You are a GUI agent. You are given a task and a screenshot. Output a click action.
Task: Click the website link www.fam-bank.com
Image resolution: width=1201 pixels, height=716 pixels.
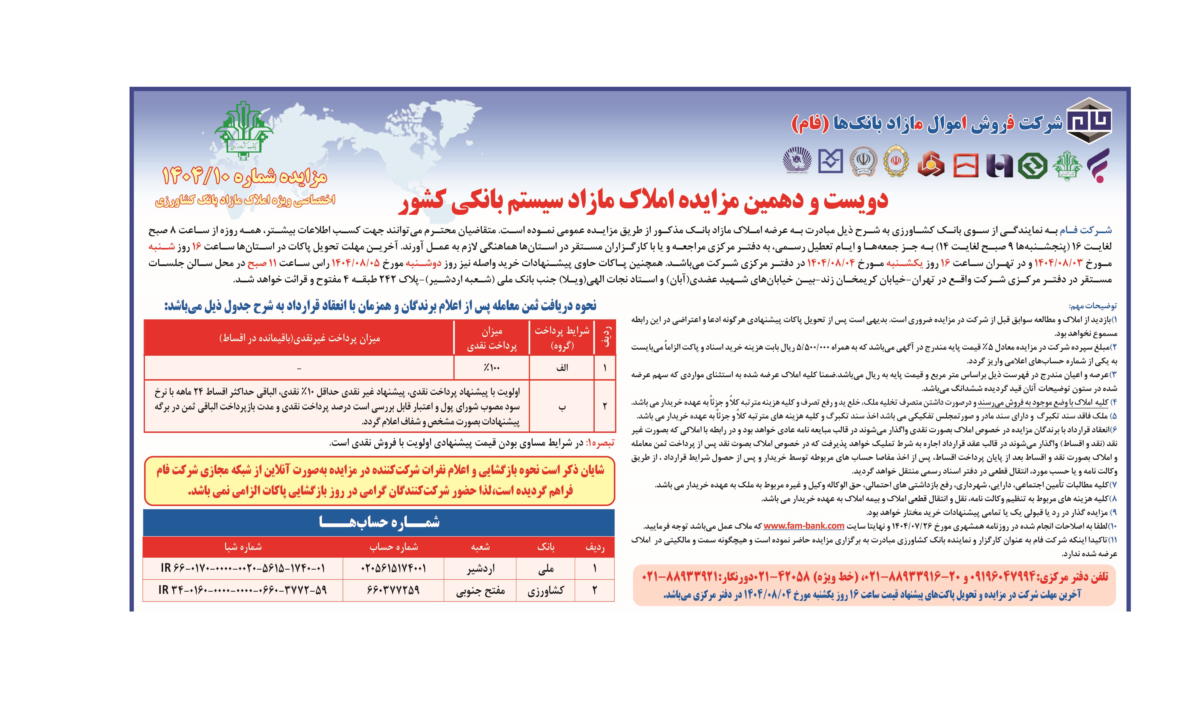[804, 525]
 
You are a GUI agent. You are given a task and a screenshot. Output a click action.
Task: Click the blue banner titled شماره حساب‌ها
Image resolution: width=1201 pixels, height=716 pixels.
[379, 522]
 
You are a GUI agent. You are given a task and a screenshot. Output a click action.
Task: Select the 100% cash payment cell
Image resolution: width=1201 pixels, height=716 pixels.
[491, 368]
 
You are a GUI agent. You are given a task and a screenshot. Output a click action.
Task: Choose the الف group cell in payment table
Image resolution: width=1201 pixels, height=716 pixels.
[562, 368]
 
